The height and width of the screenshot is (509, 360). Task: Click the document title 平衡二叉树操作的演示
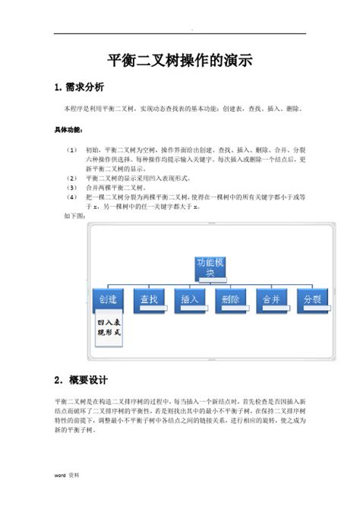(180, 60)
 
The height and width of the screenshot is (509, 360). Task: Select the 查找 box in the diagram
(150, 299)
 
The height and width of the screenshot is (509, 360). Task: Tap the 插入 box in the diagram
(191, 299)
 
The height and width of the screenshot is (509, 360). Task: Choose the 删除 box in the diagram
(232, 299)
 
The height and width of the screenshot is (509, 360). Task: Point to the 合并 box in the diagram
(273, 299)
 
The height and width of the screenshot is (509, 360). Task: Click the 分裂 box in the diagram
(313, 299)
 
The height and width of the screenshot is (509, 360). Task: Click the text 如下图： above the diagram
(75, 215)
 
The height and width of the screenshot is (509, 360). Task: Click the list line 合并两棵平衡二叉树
(115, 187)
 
